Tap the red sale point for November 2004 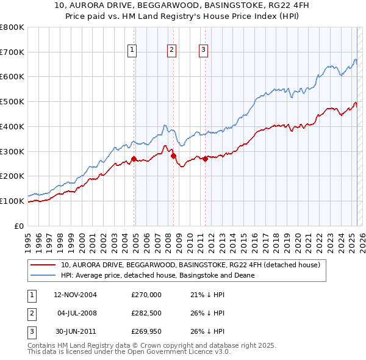pyautogui.click(x=134, y=159)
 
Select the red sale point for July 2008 pyautogui.click(x=174, y=156)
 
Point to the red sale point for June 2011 pyautogui.click(x=205, y=159)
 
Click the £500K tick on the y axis pyautogui.click(x=12, y=101)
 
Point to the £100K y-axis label pyautogui.click(x=12, y=201)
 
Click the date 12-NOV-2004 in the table pyautogui.click(x=75, y=295)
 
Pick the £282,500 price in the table pyautogui.click(x=146, y=313)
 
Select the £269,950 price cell pyautogui.click(x=146, y=331)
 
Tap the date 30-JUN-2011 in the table pyautogui.click(x=75, y=331)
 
